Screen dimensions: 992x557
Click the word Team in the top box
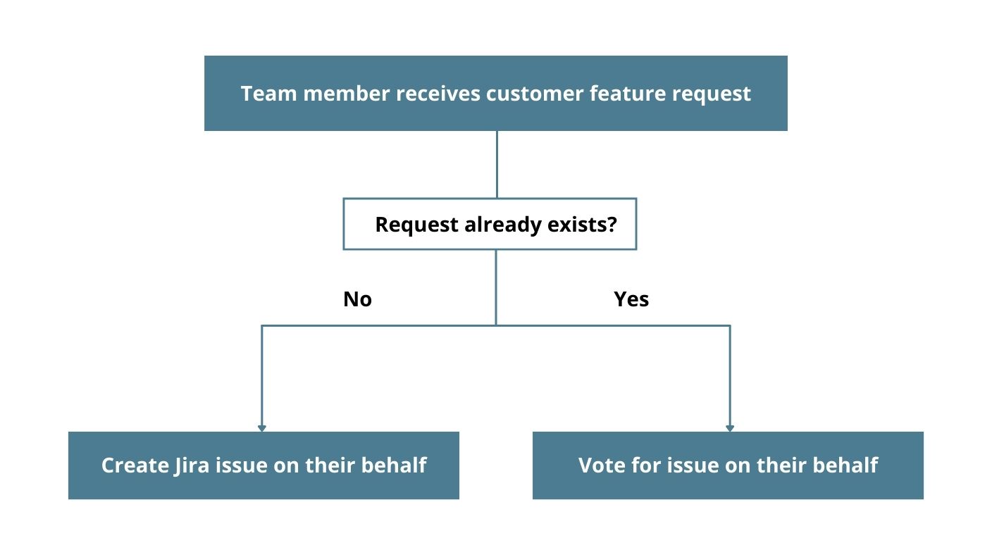(x=268, y=94)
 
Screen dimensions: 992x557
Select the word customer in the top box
(x=534, y=94)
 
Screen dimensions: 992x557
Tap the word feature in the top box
(x=627, y=94)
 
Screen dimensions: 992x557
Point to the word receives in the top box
(x=438, y=94)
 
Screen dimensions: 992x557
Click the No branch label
(x=357, y=299)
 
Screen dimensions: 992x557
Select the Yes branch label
(x=631, y=299)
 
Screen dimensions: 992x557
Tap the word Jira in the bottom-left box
(x=191, y=466)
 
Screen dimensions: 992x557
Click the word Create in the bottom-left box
(x=135, y=465)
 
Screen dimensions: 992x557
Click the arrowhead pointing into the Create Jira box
(x=261, y=428)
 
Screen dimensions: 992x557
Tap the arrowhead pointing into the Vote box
(x=730, y=428)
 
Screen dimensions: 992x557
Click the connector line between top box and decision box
(x=497, y=164)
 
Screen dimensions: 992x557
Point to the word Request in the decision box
(x=416, y=225)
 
